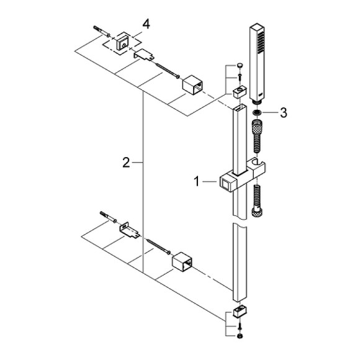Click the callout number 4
pos(146,24)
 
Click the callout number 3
pos(284,113)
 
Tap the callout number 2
pos(126,163)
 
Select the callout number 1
pos(197,182)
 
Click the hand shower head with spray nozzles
pos(257,64)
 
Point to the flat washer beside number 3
pos(256,113)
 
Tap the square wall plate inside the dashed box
pos(122,43)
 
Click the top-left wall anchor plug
pos(101,32)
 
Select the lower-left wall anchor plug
pos(108,217)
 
